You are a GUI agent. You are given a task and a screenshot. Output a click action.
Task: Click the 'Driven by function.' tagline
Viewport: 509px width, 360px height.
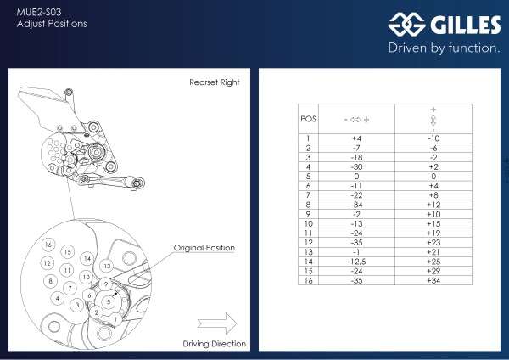[444, 48]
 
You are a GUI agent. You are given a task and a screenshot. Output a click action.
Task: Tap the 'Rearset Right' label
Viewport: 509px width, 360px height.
[214, 82]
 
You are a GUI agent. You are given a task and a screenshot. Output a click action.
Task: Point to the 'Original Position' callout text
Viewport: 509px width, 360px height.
[204, 248]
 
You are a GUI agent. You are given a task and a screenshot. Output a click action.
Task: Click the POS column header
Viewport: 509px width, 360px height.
[308, 118]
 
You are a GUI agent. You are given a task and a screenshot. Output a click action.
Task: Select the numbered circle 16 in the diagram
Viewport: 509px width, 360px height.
[48, 245]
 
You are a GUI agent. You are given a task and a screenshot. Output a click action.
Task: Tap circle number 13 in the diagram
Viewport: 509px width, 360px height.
[107, 266]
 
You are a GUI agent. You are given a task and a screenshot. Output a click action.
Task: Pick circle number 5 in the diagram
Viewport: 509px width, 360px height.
[109, 301]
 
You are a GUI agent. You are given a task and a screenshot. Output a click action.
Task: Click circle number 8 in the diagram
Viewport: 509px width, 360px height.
[51, 281]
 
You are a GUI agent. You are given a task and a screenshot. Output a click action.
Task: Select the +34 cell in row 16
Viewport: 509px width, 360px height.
[433, 281]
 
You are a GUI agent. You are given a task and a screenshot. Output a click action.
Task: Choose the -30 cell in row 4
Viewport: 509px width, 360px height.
[356, 166]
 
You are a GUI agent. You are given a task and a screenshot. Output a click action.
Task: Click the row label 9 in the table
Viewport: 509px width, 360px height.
[308, 213]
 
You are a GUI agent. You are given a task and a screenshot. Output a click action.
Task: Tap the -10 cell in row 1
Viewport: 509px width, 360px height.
[433, 138]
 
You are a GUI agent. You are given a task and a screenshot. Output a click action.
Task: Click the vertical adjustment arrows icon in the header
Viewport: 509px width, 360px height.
[433, 118]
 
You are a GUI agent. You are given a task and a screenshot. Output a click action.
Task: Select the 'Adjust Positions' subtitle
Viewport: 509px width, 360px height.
[52, 24]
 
